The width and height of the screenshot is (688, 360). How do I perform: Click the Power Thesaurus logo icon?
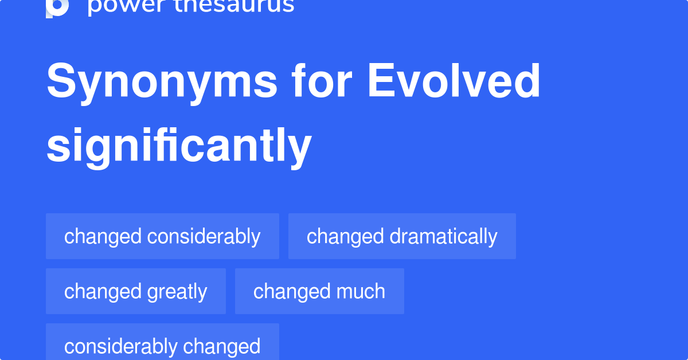[x=57, y=7]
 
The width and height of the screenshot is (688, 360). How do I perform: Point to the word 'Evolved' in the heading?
[x=454, y=81]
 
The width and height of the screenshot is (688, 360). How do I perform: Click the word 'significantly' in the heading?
[x=178, y=146]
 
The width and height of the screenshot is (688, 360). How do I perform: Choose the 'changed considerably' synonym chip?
[x=162, y=236]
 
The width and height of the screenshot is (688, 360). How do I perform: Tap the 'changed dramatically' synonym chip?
[x=402, y=236]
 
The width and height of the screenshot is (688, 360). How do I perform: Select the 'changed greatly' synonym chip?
[x=135, y=291]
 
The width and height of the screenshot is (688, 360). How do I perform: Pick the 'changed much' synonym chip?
[x=319, y=291]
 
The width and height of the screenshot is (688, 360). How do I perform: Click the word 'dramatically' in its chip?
[x=443, y=236]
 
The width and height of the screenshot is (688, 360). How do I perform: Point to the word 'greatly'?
[x=177, y=292]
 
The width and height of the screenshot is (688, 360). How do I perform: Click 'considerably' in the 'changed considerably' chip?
[x=204, y=236]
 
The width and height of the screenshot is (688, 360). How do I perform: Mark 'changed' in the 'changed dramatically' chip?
[x=345, y=236]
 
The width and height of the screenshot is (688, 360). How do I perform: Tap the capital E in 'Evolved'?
[x=379, y=81]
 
